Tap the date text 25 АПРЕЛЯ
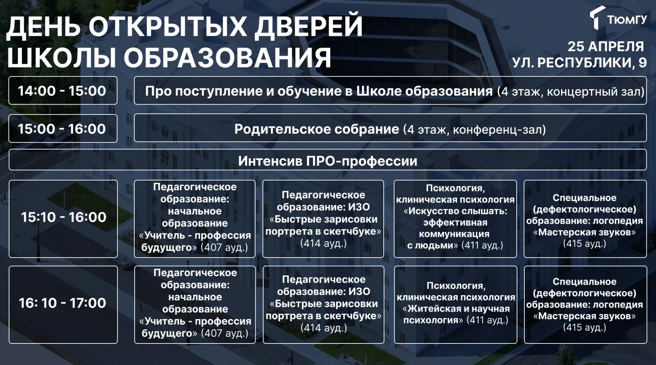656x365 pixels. point(606,46)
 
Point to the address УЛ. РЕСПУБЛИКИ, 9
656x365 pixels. point(579,63)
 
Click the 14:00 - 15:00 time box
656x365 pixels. point(63,91)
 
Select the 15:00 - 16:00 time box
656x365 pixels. point(63,129)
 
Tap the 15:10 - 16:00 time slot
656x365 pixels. point(63,219)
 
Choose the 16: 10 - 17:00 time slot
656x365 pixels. point(63,305)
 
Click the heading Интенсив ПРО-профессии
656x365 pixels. point(328,161)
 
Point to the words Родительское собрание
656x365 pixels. point(317,129)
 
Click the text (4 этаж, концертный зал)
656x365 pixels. point(571,92)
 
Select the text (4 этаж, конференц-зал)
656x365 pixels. point(475,130)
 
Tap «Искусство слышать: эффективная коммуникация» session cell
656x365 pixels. point(455,219)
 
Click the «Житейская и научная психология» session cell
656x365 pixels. point(455,305)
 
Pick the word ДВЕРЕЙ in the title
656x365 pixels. point(309,26)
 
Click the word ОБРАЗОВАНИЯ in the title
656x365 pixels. point(227,57)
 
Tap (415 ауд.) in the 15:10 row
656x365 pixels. point(585,244)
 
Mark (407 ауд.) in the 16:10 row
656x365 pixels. point(224,333)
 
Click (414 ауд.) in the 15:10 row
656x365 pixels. point(323,243)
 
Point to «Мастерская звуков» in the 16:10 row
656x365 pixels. point(585,316)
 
